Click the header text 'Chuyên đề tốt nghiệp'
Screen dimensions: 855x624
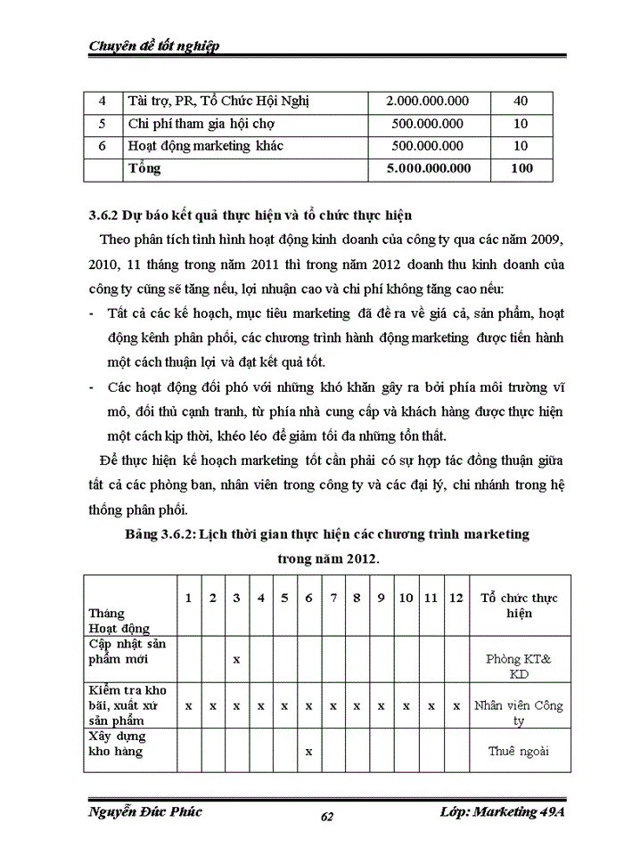coord(154,45)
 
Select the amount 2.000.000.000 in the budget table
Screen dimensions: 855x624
coord(426,102)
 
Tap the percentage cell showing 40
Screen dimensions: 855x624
coord(521,102)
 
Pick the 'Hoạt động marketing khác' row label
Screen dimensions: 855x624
coord(207,146)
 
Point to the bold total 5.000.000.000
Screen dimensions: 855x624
coord(426,168)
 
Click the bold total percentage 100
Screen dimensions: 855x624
coord(521,168)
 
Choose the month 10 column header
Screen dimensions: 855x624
coord(406,598)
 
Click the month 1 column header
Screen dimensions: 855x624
coord(188,598)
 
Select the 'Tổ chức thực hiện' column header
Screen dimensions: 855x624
coord(519,606)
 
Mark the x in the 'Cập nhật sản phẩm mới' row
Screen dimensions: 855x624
coord(236,659)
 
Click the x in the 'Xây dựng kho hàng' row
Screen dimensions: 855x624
coord(308,751)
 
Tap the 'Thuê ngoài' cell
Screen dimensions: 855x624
coord(519,751)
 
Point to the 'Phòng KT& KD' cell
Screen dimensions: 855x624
coord(519,666)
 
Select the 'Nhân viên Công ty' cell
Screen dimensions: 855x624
coord(519,712)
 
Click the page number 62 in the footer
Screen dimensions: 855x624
coord(326,818)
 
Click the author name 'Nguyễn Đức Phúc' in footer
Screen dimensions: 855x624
coord(145,811)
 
